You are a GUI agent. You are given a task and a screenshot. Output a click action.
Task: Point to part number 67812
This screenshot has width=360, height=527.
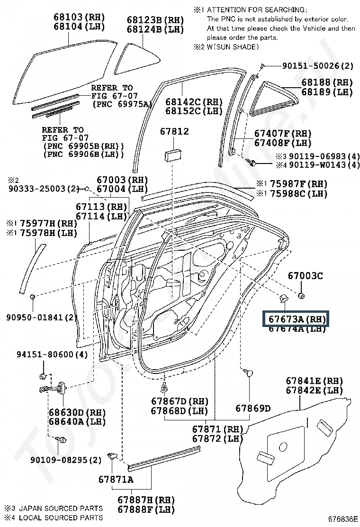point(174,132)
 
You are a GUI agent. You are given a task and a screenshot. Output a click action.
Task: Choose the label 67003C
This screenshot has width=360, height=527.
point(306,275)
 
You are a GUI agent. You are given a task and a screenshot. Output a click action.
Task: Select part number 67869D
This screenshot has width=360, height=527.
point(253,409)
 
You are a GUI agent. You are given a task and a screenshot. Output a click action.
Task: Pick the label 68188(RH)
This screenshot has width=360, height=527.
point(327,82)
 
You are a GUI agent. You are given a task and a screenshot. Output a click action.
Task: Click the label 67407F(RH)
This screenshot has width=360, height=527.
point(283,134)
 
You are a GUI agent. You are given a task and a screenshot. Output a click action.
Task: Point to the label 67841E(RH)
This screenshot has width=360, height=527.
point(314,381)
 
